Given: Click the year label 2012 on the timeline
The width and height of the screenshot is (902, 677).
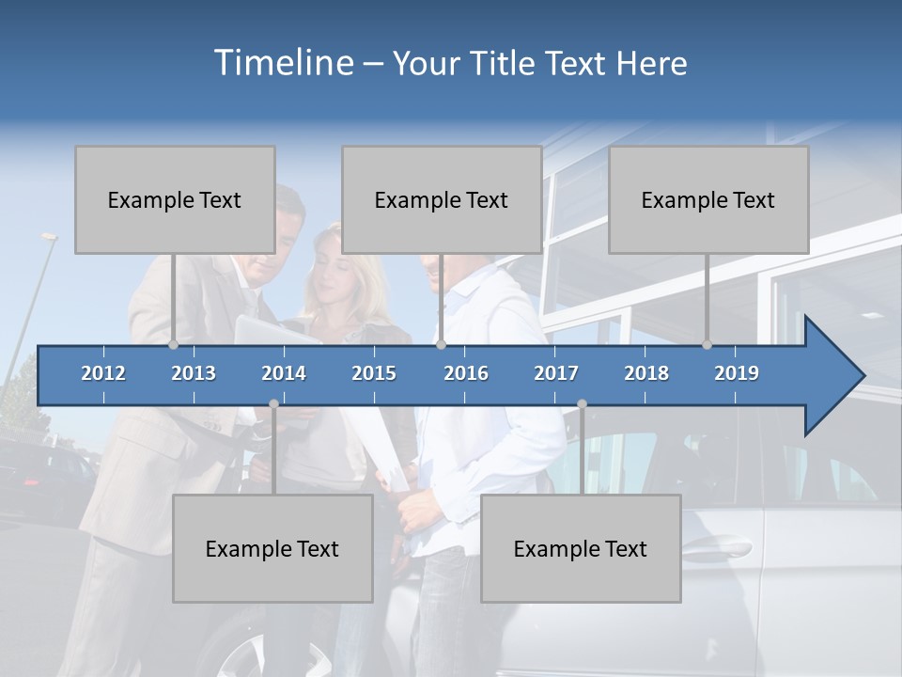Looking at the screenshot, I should coord(103,373).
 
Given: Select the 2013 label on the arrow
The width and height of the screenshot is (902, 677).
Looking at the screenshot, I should coord(194,373).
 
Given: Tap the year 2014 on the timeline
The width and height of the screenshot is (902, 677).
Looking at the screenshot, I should coord(284,373).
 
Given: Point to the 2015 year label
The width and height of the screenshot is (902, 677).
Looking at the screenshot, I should coord(374,373).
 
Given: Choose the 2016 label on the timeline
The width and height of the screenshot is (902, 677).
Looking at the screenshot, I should coord(466,373).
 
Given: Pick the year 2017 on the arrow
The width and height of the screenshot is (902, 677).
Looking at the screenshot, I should coord(556,373).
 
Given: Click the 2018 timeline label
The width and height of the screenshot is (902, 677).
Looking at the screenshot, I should coord(646,373).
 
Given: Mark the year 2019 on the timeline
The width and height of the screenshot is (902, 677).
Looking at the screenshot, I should coord(737,373).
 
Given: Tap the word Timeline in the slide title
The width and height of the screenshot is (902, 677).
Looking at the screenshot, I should coord(282,63).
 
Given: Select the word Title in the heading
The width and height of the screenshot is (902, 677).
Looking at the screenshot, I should coord(503,64).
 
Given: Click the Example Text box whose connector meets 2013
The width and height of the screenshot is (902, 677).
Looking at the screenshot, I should coord(175,199).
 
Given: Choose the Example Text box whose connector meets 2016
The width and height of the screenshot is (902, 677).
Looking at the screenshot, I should coord(442,199).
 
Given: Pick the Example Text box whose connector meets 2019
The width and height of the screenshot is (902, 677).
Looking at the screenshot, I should coord(708,199).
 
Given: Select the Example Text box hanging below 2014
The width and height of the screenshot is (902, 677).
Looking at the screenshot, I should coord(272,548).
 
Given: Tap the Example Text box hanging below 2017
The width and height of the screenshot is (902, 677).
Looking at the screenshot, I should coord(581,548).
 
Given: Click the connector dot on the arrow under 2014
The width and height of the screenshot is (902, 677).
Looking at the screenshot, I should coord(273,403).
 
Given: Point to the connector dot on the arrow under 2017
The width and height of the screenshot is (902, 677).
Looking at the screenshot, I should coord(582,403).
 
